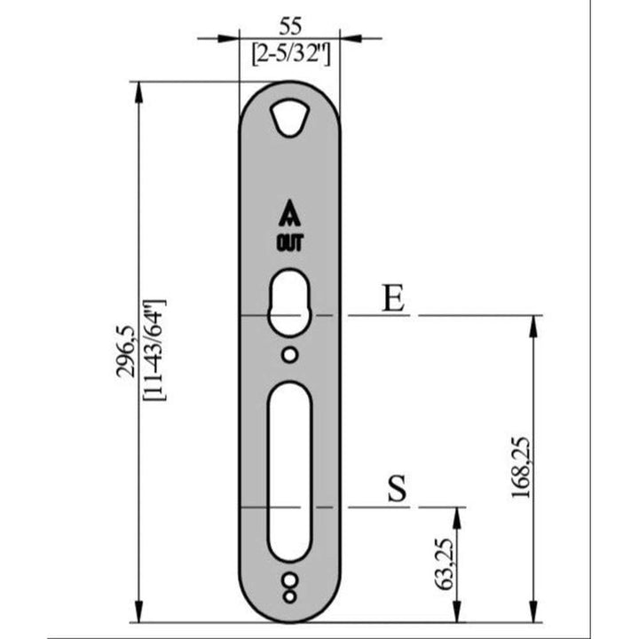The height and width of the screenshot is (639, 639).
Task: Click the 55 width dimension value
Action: (x=290, y=24)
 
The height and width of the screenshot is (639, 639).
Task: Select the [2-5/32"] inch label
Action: (x=290, y=54)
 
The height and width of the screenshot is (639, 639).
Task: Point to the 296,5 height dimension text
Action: (x=126, y=351)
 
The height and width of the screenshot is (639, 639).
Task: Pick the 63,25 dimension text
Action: (x=446, y=565)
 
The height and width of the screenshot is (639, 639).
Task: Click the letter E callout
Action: (x=392, y=299)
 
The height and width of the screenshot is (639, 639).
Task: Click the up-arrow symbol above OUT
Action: (x=289, y=215)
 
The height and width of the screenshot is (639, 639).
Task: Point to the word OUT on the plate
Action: (x=289, y=241)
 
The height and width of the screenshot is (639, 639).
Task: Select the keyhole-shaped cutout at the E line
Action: (x=289, y=304)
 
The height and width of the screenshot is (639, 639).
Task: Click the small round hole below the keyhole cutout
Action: (x=289, y=355)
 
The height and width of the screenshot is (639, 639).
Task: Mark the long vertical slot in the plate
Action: (x=289, y=470)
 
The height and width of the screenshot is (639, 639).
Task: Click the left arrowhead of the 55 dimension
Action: (x=232, y=38)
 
